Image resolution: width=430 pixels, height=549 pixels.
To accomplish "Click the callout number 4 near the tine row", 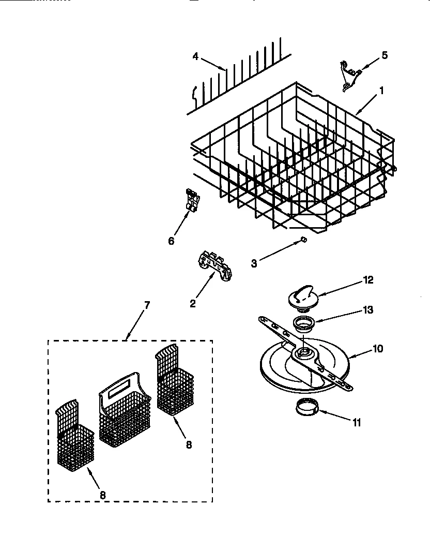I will (x=195, y=56).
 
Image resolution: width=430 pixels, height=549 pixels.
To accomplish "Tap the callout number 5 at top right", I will (x=384, y=55).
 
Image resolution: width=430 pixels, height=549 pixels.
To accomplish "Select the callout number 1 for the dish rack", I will (x=381, y=90).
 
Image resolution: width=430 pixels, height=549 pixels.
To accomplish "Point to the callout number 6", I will (x=171, y=241).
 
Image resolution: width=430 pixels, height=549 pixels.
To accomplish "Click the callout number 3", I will (x=254, y=263).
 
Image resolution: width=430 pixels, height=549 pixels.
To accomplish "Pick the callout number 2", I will (x=193, y=304).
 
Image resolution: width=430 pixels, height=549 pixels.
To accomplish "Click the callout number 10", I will (x=378, y=349).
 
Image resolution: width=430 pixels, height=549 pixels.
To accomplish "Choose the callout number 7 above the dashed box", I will (x=146, y=305).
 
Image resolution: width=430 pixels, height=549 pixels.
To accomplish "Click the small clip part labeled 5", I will (x=348, y=73).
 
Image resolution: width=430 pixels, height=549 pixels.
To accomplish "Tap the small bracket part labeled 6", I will (x=192, y=201).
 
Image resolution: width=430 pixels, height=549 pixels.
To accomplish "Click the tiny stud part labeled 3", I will (x=304, y=239).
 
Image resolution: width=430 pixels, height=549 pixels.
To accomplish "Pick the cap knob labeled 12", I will (x=301, y=297).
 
